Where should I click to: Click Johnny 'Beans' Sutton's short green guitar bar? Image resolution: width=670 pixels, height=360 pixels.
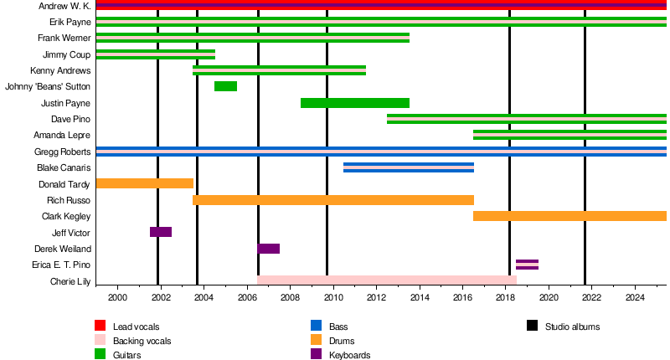[225, 86]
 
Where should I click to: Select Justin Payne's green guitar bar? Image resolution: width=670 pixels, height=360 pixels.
[354, 103]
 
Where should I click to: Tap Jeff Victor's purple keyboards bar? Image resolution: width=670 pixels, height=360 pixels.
[161, 232]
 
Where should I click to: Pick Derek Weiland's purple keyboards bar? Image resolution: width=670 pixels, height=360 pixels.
[269, 249]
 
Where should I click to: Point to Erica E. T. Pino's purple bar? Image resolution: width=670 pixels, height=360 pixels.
[527, 265]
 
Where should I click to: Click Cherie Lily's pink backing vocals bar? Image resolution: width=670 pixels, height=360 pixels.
[387, 280]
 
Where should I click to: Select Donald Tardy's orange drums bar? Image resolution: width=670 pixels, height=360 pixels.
[145, 183]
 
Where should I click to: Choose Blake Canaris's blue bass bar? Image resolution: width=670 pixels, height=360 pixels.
[409, 167]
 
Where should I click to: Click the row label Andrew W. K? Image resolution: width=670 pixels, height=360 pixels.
[64, 6]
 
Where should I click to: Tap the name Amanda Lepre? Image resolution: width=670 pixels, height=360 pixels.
[62, 135]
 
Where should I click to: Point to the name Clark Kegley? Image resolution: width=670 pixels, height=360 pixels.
[66, 216]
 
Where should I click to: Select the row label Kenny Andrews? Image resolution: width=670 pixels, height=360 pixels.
[60, 70]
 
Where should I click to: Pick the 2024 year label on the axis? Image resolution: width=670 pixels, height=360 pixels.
[635, 297]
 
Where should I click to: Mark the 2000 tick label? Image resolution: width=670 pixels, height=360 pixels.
[117, 297]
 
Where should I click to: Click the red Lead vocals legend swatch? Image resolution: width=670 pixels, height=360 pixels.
[100, 326]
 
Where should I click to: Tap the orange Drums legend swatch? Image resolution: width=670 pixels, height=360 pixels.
[316, 340]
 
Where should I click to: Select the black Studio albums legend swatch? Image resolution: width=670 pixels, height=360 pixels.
[532, 326]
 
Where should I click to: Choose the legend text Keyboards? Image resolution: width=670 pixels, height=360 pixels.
[349, 355]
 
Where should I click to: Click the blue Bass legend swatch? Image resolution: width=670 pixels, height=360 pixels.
[316, 326]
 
